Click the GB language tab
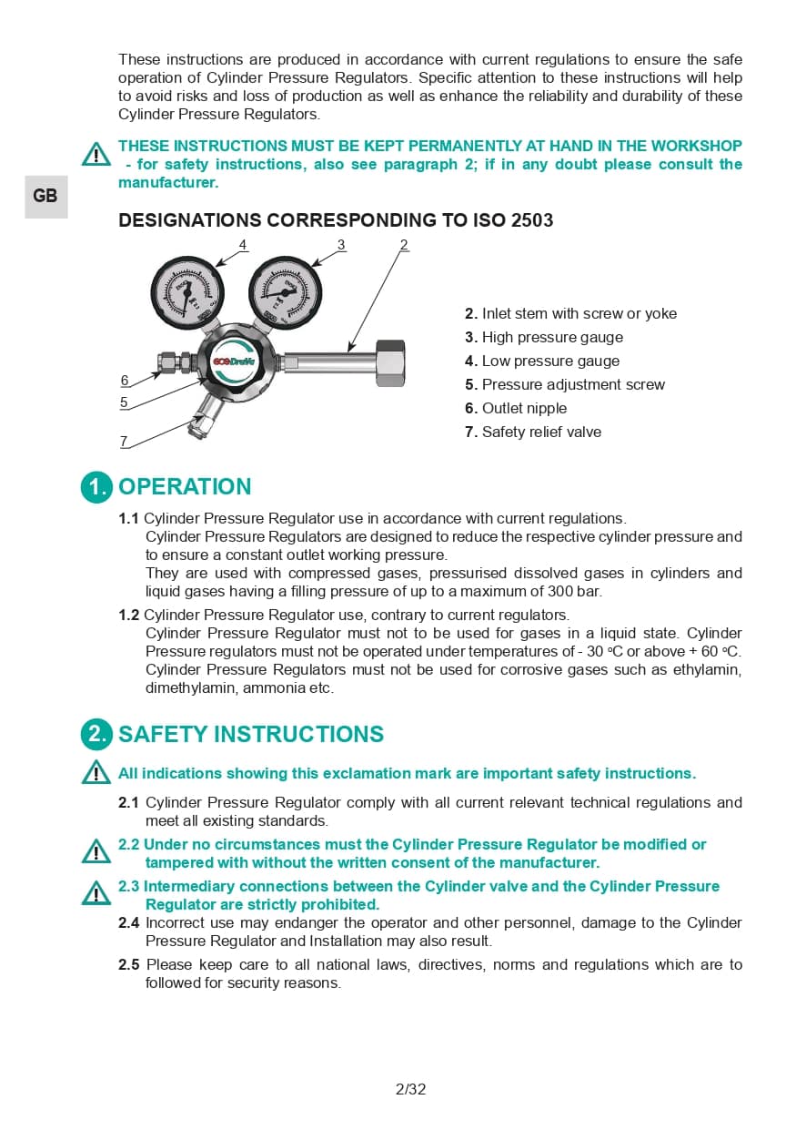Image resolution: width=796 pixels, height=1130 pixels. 45,197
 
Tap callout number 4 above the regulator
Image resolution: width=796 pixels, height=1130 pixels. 243,244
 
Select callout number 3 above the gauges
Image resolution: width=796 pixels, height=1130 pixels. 341,244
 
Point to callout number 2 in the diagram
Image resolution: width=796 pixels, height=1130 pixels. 404,244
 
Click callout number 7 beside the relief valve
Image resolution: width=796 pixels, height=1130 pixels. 124,442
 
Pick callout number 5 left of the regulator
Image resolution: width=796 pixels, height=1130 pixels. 124,402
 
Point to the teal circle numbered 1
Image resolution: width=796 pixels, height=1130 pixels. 96,487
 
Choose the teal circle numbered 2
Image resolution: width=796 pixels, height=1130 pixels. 96,735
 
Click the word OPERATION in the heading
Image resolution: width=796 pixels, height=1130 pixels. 185,487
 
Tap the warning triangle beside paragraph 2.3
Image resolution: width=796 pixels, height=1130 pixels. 96,893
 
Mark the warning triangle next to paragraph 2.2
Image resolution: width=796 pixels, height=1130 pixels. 96,851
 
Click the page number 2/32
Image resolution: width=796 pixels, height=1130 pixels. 411,1089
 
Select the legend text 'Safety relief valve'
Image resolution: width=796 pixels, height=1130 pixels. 541,433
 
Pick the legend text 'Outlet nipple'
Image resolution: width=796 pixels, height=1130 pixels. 524,409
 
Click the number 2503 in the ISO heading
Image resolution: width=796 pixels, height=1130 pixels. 532,220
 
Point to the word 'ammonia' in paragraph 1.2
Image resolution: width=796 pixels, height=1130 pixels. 274,688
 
